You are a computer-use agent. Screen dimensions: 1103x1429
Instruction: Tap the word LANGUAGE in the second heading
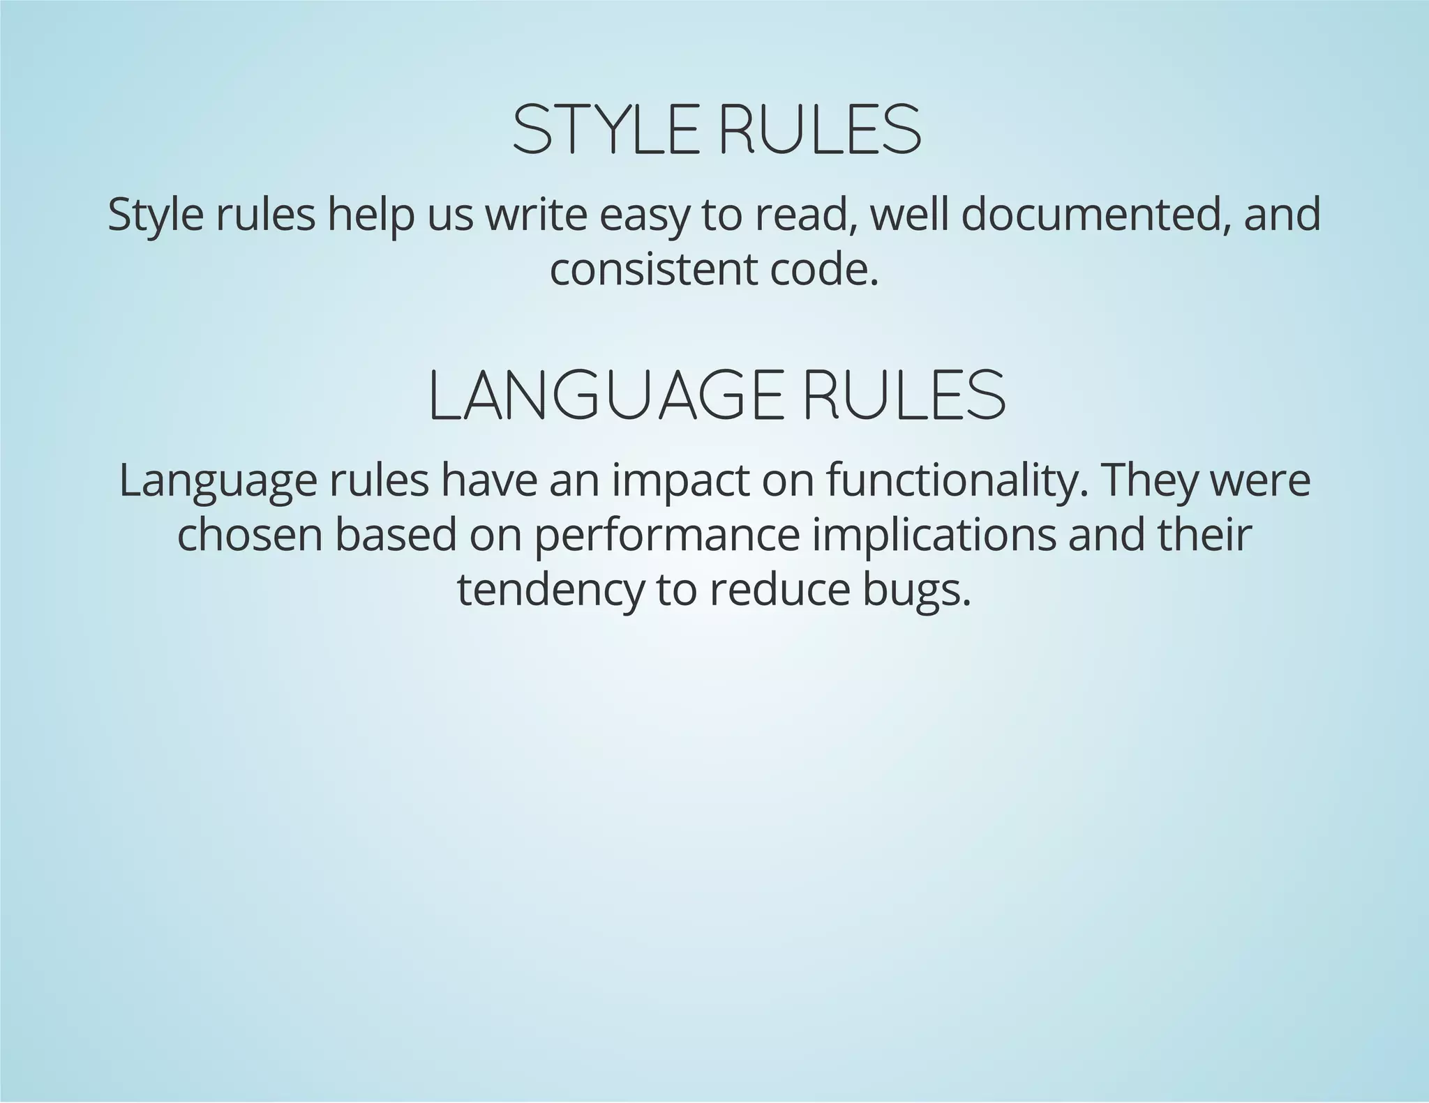(604, 396)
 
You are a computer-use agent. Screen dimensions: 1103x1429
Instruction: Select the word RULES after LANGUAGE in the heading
(905, 396)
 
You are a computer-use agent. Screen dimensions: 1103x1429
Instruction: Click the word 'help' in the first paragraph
(371, 215)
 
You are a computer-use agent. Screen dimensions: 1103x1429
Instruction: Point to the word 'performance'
(667, 537)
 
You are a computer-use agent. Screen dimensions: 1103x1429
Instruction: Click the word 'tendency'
(551, 591)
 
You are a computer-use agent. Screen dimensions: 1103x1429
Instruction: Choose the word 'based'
(396, 535)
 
